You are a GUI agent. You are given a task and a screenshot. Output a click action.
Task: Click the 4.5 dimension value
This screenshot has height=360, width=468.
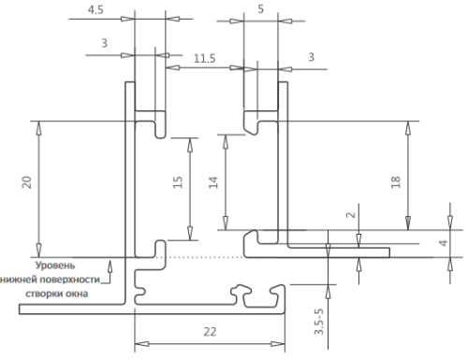point(95,10)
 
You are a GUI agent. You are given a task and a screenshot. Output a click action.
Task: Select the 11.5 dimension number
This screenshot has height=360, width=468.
point(204,58)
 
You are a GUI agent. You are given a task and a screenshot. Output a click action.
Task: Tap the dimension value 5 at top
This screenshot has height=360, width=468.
point(261,9)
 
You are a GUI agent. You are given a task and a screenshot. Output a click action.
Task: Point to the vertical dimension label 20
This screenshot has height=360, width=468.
point(27,182)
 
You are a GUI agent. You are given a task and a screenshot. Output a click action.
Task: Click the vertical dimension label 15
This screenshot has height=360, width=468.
point(178,182)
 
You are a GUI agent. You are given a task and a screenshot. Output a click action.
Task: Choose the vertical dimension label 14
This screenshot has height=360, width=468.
point(213,182)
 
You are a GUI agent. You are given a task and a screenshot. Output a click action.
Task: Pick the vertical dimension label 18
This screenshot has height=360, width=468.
point(395,182)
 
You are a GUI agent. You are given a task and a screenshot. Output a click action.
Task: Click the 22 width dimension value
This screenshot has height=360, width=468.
point(210,332)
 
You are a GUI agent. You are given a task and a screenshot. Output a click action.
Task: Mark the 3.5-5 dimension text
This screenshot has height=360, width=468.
point(319,322)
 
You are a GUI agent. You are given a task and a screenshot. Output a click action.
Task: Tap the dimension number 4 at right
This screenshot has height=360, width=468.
point(444,242)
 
